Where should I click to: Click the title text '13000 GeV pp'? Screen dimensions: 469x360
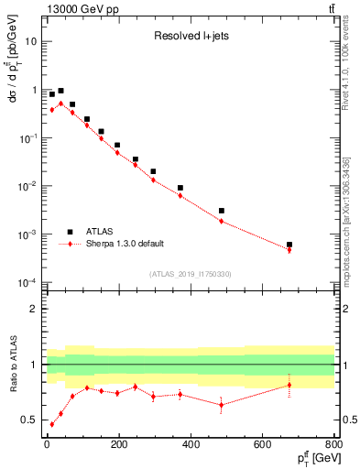[x=76, y=9]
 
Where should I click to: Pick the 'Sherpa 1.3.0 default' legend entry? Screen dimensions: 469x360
[x=125, y=244]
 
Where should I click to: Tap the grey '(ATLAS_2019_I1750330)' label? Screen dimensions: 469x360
[x=191, y=274]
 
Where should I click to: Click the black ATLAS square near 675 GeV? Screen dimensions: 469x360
[x=289, y=245]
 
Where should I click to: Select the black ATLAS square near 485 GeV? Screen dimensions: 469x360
[x=221, y=211]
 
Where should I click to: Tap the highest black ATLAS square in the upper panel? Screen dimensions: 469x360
[x=60, y=92]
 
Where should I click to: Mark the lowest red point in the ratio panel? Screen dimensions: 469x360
[x=51, y=424]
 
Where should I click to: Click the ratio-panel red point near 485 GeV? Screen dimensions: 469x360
[x=221, y=405]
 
